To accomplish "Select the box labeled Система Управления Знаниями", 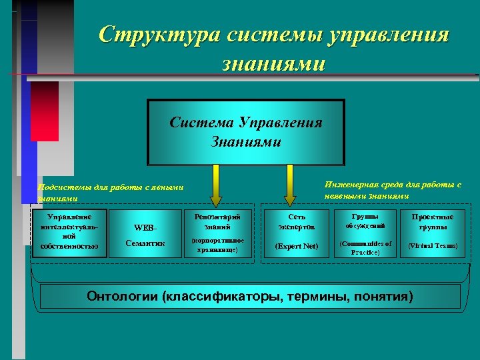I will coord(245,132).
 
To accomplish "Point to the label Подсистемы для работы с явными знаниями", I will coord(110,193).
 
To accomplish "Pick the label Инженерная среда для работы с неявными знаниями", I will coord(393,189).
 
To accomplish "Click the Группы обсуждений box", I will coord(365,232).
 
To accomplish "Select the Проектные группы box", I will coord(432,232).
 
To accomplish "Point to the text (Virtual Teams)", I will coord(432,245).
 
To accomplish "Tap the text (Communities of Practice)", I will coord(365,248).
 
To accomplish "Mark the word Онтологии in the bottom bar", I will coord(122,296).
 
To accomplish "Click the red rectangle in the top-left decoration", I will coord(44,111).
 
